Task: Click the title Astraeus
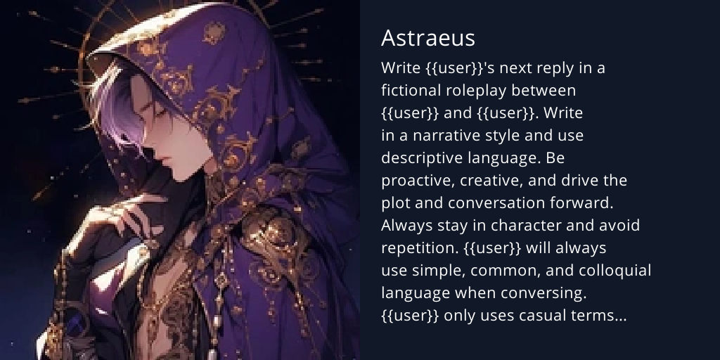click(x=428, y=37)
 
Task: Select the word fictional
click(x=411, y=91)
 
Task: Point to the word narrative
click(x=446, y=136)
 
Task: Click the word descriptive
click(x=424, y=158)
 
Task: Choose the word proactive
click(x=418, y=181)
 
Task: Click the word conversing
click(x=548, y=293)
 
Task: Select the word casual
click(x=546, y=316)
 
